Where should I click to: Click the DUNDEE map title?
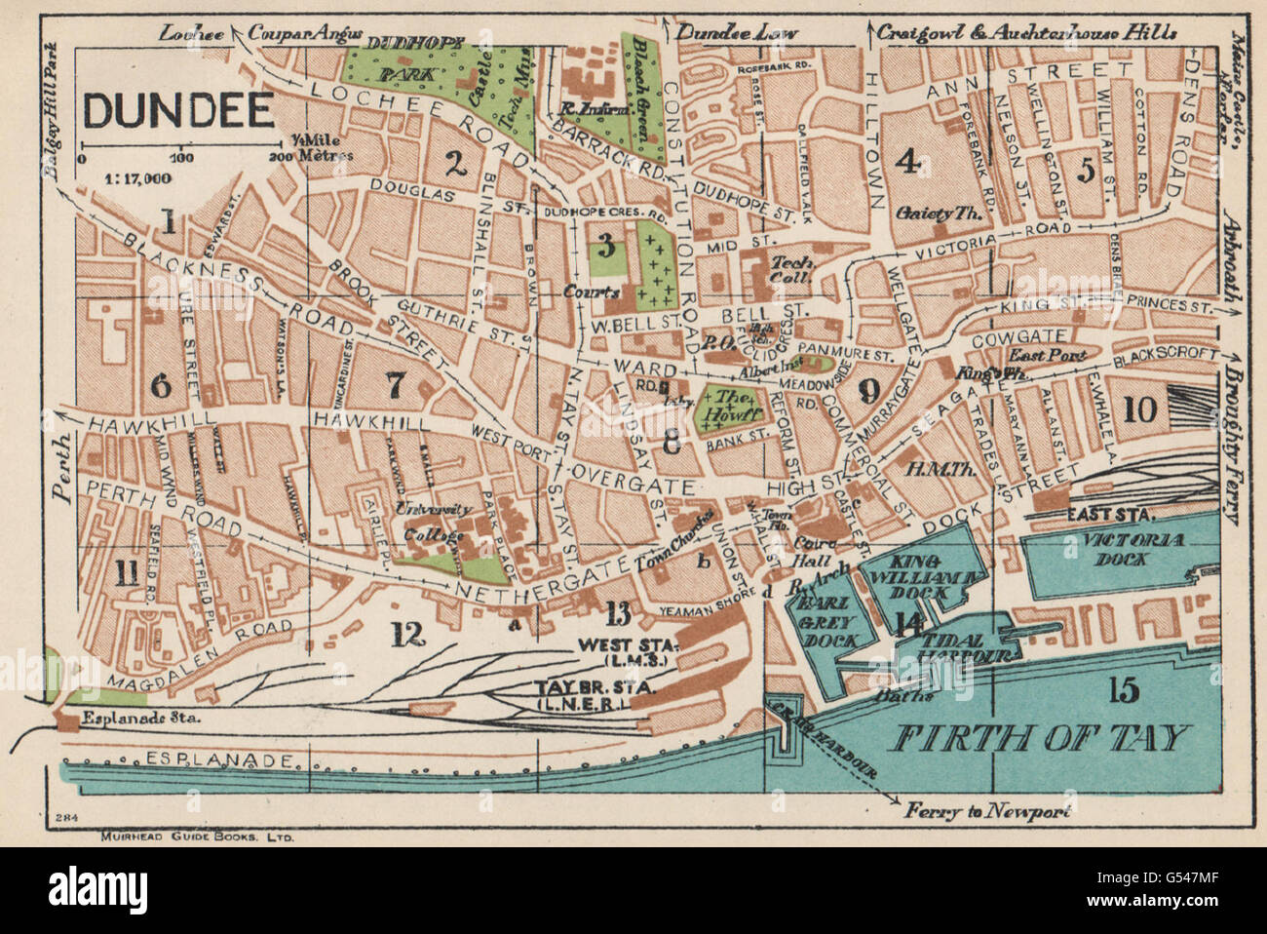pos(178,111)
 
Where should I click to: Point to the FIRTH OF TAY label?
pos(1039,737)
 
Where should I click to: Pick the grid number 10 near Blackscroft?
pos(1139,409)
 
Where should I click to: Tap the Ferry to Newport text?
pos(986,811)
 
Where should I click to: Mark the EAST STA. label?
pos(1110,515)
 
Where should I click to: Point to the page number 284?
pos(66,817)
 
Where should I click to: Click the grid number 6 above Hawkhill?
pos(161,385)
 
